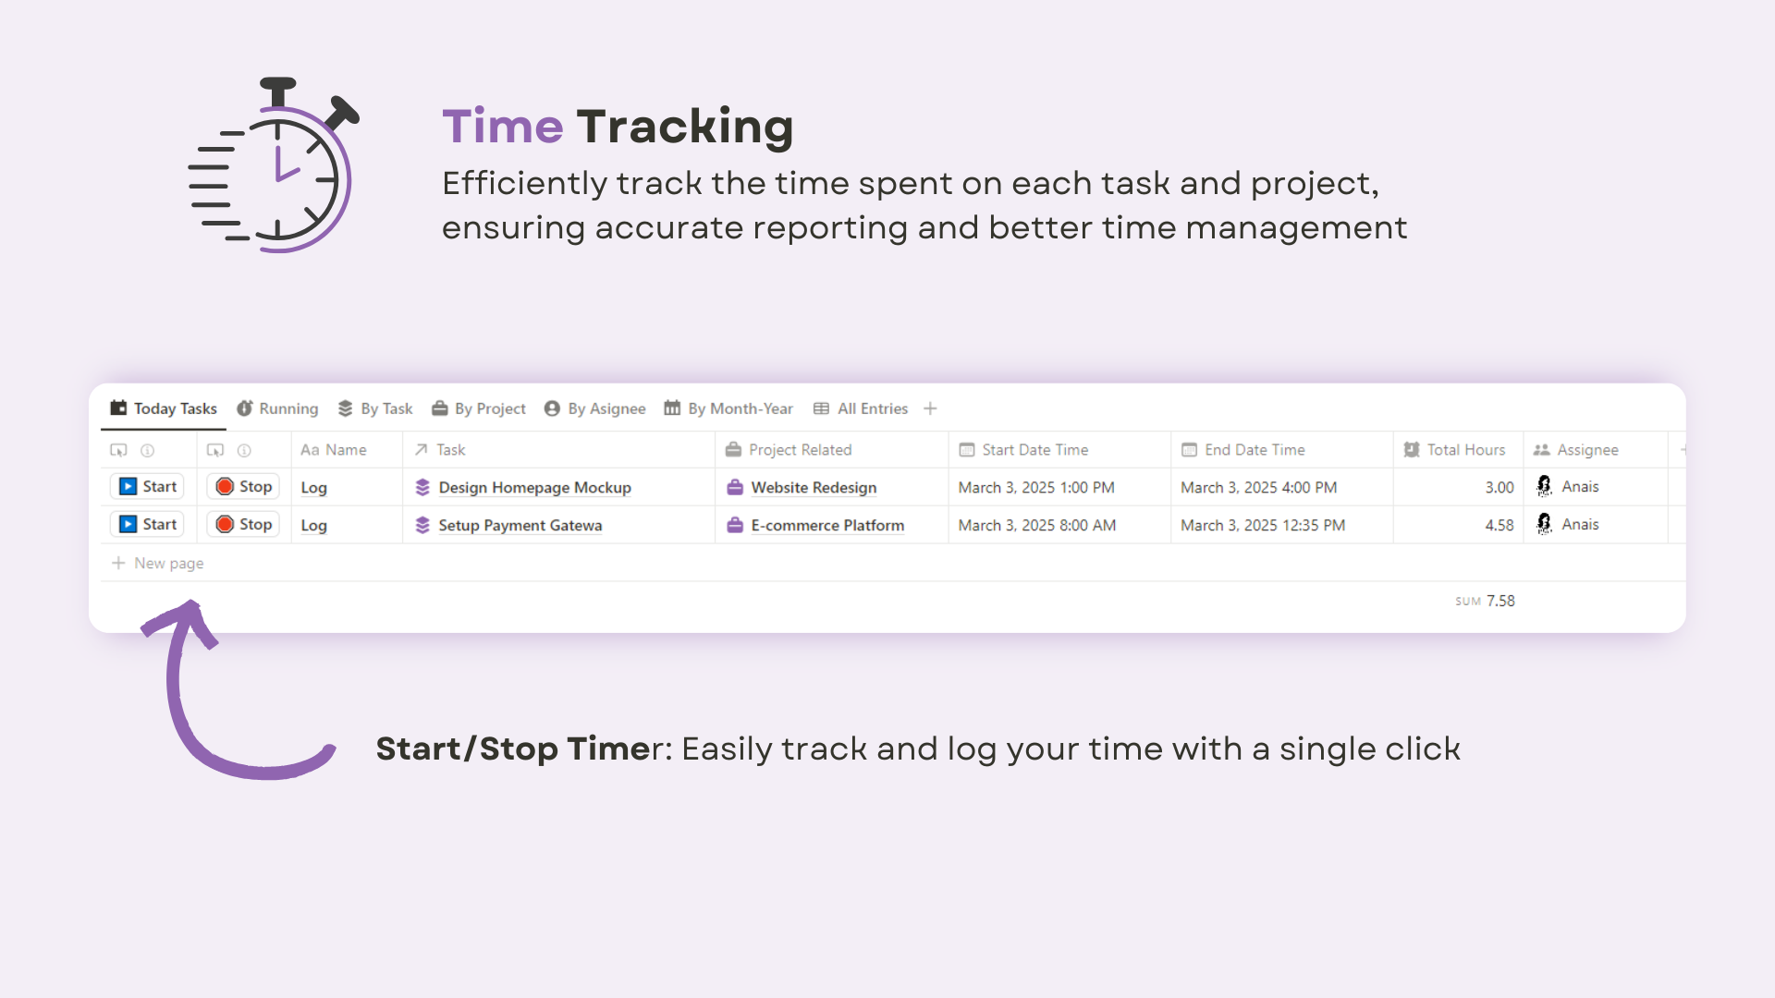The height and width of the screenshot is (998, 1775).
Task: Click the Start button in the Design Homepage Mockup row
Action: click(147, 487)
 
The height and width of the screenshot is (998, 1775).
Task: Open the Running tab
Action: click(277, 408)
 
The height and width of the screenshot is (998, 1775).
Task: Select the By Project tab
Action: click(479, 408)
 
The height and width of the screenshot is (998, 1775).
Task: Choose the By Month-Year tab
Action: click(728, 408)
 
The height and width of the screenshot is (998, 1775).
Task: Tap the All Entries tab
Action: click(861, 408)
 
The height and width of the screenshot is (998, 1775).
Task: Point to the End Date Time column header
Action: click(1243, 450)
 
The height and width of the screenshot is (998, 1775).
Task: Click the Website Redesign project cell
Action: click(802, 487)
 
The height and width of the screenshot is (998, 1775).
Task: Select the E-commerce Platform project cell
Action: click(815, 525)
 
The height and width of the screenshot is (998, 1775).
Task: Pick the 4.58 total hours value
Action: click(1500, 525)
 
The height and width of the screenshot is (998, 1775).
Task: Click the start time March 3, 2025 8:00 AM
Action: click(1037, 525)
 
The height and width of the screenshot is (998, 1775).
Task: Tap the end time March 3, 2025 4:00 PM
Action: click(1259, 487)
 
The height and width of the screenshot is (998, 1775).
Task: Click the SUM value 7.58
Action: click(1500, 601)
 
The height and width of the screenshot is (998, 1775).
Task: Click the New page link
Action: click(158, 563)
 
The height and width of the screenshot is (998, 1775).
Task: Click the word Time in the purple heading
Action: click(503, 127)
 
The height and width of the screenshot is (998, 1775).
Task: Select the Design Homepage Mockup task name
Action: click(534, 487)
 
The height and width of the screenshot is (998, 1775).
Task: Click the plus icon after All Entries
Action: click(931, 408)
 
